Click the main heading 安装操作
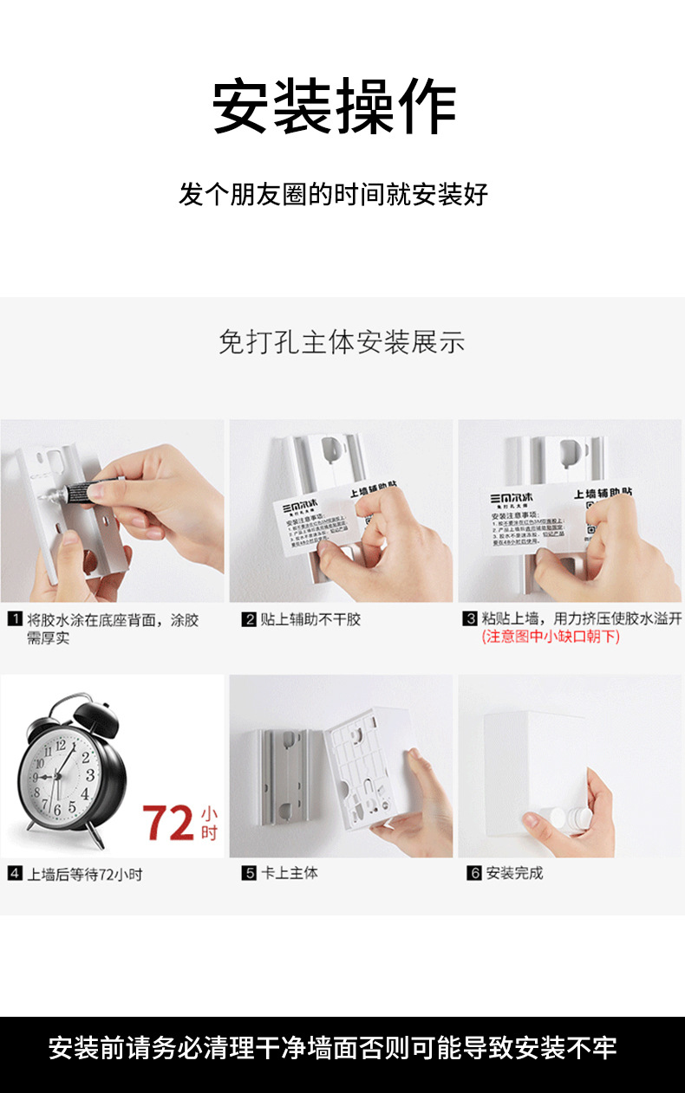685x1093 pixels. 335,107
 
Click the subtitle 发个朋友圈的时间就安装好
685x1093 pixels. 334,194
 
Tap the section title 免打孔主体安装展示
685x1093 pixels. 342,342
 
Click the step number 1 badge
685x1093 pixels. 15,619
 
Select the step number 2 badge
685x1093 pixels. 249,619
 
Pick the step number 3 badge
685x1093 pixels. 470,618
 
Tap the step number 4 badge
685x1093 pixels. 15,874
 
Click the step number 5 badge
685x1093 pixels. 249,873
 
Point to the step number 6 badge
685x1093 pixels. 474,873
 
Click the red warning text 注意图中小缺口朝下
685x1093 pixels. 551,637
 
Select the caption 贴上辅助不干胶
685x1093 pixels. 310,619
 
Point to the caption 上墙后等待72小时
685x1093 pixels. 84,874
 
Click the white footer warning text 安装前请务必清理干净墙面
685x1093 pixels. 332,1048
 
